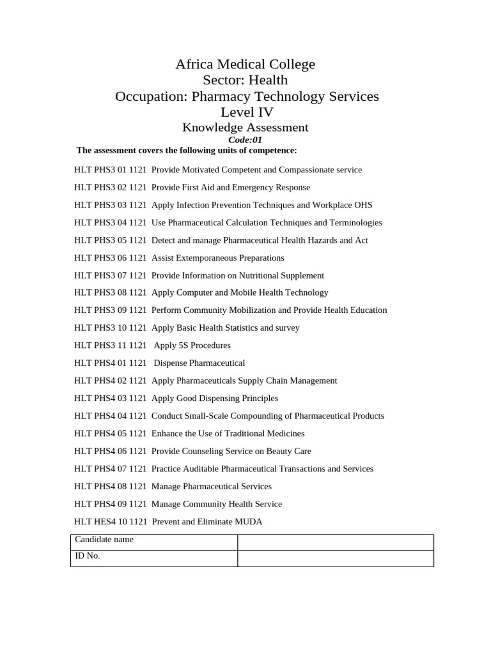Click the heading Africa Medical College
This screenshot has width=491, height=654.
(x=245, y=65)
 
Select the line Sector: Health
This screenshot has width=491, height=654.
(x=245, y=80)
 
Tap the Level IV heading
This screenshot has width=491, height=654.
(x=247, y=112)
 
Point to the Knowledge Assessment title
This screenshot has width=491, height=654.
(x=245, y=128)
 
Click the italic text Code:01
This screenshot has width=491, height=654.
(x=245, y=140)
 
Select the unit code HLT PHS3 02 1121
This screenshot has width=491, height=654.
(x=110, y=188)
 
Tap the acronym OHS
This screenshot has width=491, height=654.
(x=362, y=205)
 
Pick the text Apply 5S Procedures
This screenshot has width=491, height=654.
(x=192, y=346)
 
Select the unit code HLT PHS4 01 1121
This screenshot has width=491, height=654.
(x=110, y=363)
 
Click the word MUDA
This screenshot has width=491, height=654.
(x=249, y=522)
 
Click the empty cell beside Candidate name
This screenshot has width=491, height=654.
(x=335, y=542)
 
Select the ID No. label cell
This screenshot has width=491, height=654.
(x=153, y=558)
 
